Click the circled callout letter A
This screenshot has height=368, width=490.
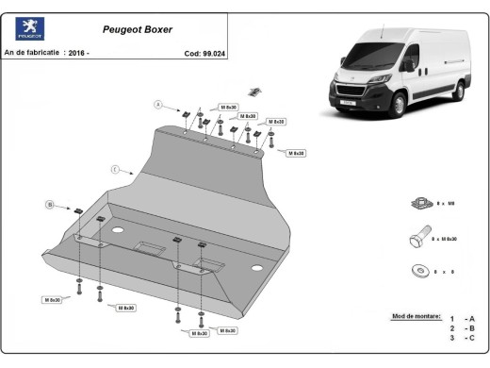[x=158, y=104]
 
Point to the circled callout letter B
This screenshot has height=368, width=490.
[x=49, y=203]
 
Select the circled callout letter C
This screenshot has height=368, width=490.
[x=114, y=170]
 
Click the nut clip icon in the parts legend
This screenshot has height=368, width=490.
[x=420, y=202]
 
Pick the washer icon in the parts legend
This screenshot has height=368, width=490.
[x=419, y=271]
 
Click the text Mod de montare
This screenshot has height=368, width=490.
[x=415, y=316]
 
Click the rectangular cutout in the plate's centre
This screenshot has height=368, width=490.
[x=149, y=247]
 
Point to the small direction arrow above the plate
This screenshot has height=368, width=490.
[x=253, y=91]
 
